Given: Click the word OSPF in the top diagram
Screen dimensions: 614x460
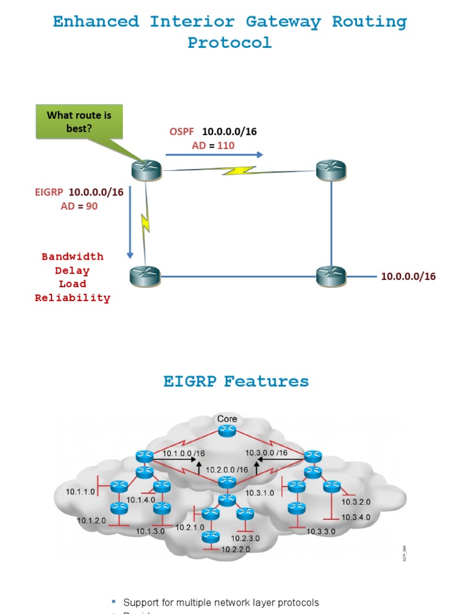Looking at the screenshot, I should (x=182, y=131).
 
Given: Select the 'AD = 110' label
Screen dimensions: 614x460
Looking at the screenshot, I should (x=213, y=145).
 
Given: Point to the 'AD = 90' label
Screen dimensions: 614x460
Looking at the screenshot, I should (x=79, y=206).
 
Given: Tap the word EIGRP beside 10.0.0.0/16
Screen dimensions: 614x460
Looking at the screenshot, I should (x=49, y=192).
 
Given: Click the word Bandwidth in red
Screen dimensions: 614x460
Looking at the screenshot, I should (x=72, y=257).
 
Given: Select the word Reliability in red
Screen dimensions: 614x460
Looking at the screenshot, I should (x=72, y=298).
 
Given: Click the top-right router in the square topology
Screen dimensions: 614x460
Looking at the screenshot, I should (x=331, y=170).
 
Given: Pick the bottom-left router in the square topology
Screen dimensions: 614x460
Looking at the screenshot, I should (x=145, y=276).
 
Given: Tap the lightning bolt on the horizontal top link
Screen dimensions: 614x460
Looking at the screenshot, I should (x=239, y=171).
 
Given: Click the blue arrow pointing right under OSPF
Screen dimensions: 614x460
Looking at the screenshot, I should (x=214, y=155).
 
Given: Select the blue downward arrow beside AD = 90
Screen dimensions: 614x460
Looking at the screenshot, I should (x=130, y=222).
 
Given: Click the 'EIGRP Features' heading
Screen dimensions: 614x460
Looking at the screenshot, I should (x=236, y=381).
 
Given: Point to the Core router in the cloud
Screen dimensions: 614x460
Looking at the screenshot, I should (x=227, y=430).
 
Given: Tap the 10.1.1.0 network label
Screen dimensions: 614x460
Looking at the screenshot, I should (x=81, y=492).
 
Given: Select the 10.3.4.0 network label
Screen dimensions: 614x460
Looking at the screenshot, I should (x=356, y=517).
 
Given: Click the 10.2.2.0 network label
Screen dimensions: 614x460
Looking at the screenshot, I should (x=236, y=549).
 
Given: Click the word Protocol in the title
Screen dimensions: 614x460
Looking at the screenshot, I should (x=229, y=43).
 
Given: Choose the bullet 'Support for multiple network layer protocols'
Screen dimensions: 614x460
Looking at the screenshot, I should (x=220, y=602).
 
